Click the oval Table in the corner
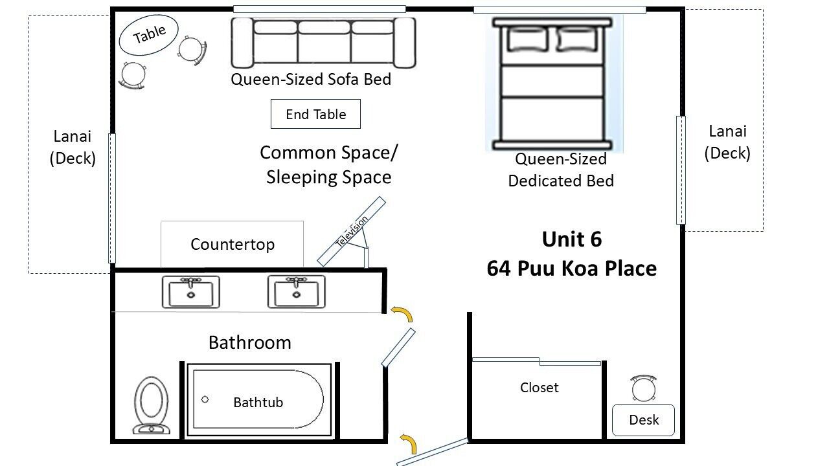(x=149, y=35)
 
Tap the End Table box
(x=315, y=114)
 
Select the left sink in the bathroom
(x=191, y=292)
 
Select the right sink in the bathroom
(x=297, y=291)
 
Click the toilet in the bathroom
(x=151, y=405)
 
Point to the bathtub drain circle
(x=205, y=399)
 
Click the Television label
(x=352, y=231)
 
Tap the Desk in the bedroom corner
(x=644, y=420)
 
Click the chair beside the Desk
(x=644, y=388)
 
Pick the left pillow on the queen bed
(x=527, y=39)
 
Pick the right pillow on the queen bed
(x=577, y=39)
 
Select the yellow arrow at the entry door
(x=409, y=443)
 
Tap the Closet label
(x=539, y=388)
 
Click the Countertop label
(x=233, y=245)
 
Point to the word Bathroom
(x=250, y=342)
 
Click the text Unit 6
(x=572, y=239)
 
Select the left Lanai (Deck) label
(x=73, y=147)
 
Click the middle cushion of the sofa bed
(x=324, y=41)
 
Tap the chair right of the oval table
(x=192, y=50)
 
